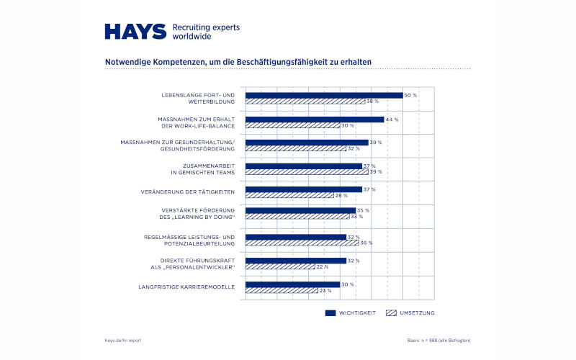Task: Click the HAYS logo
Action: tap(135, 31)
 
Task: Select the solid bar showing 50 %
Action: tap(324, 95)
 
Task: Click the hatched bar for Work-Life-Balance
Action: tap(292, 125)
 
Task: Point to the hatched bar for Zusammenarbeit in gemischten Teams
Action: tap(307, 172)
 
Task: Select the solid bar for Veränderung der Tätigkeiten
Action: tap(304, 189)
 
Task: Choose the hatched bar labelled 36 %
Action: tap(302, 243)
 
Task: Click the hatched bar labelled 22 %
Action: tap(280, 266)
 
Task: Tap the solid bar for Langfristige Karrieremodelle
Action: tap(292, 284)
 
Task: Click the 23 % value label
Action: tap(325, 290)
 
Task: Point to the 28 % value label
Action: tap(341, 196)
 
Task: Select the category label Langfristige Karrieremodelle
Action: tap(189, 287)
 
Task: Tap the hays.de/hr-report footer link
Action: tap(123, 339)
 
